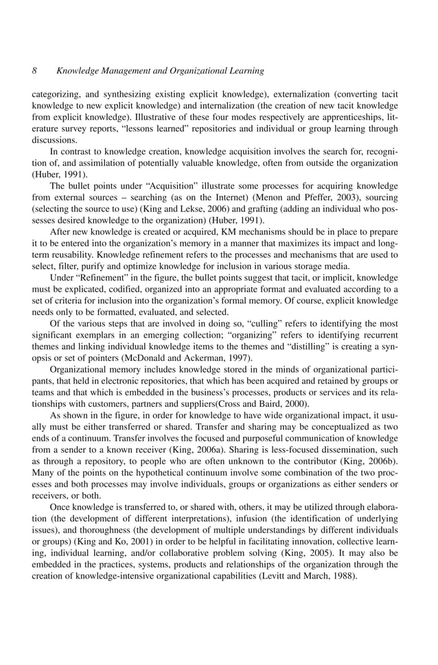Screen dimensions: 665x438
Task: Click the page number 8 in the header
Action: click(34, 71)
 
